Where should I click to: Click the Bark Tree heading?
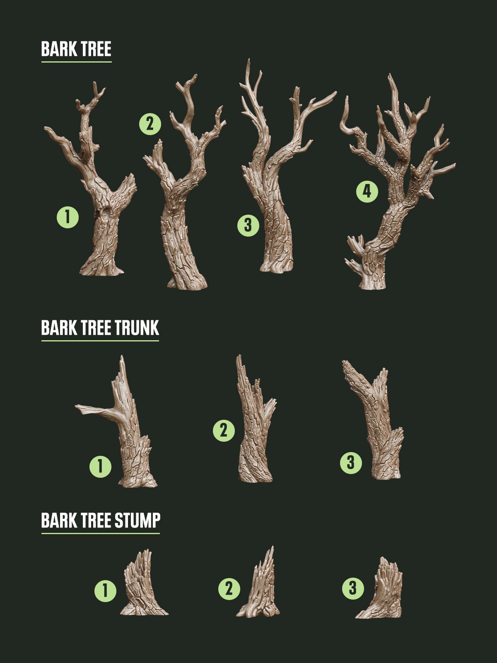pos(76,49)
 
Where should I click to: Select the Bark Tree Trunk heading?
pos(100,328)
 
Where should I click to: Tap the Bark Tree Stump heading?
pos(101,520)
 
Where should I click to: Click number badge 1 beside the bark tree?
pos(68,217)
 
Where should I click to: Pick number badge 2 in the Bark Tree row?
pos(150,123)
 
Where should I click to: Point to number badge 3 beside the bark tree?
pos(248,225)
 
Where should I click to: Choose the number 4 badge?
pos(367,191)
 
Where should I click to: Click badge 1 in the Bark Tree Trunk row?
pos(101,467)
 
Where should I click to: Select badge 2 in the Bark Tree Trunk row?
pos(224,430)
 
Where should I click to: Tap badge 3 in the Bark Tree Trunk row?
pos(351,462)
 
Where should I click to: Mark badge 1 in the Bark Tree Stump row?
pos(105,590)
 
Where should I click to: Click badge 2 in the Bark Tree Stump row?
pos(229,589)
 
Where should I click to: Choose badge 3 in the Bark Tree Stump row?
pos(353,588)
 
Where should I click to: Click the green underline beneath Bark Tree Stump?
pos(101,533)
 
